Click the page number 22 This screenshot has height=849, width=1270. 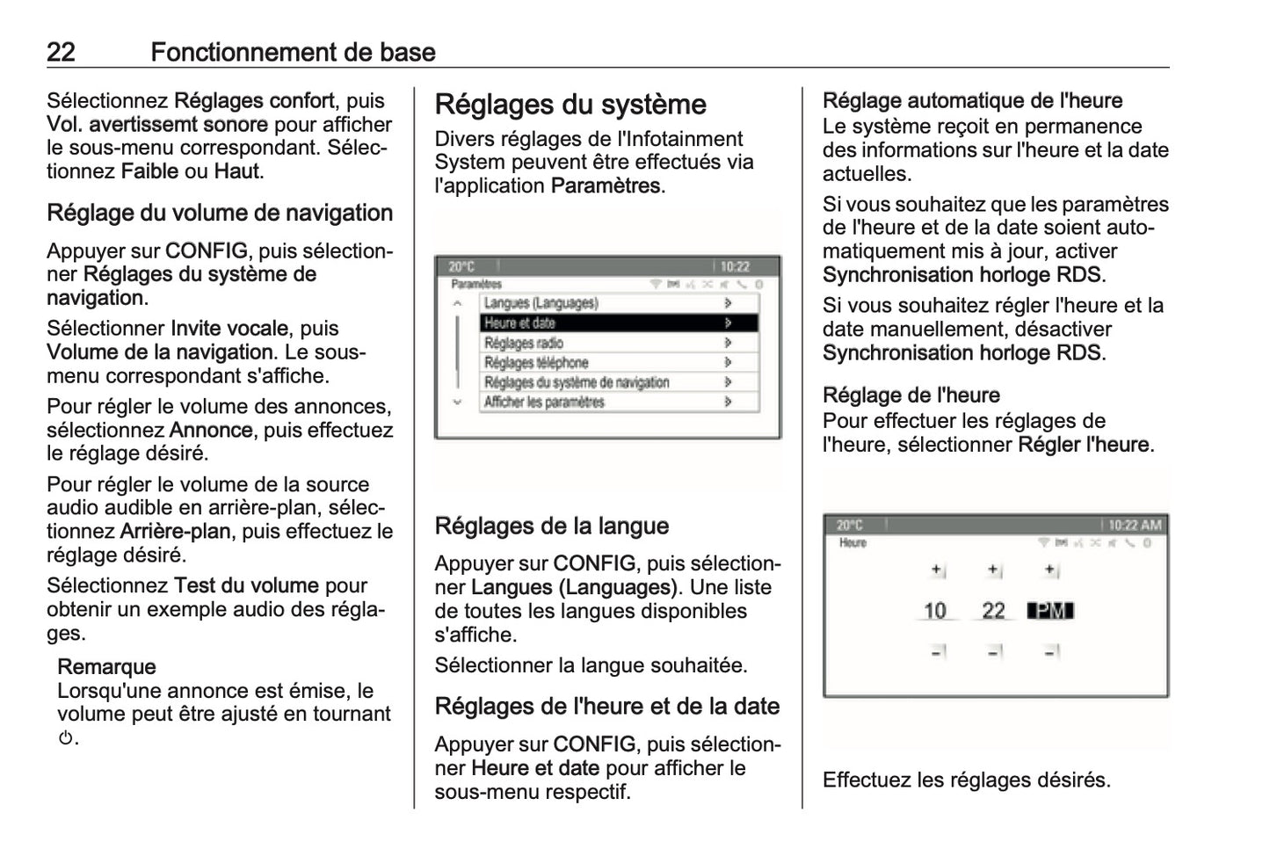click(x=61, y=52)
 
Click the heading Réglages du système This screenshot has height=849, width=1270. click(x=570, y=105)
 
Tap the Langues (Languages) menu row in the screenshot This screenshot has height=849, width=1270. click(x=606, y=303)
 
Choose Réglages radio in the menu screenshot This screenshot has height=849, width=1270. click(x=606, y=343)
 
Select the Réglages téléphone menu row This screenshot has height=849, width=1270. click(x=606, y=362)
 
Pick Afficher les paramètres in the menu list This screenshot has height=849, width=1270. click(x=606, y=402)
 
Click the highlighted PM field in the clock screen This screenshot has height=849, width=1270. click(x=1051, y=611)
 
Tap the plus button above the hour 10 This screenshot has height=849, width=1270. click(x=937, y=570)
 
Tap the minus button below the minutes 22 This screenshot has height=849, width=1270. click(x=994, y=651)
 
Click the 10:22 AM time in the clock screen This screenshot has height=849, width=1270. click(x=1135, y=526)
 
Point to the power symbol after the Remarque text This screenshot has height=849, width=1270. click(x=65, y=738)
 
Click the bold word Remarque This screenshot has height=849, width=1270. click(x=106, y=667)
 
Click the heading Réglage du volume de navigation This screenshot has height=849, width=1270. click(x=220, y=214)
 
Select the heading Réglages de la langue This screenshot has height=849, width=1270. click(x=552, y=526)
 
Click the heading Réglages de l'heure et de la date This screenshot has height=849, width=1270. click(x=607, y=707)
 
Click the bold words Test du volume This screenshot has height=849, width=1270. click(x=246, y=585)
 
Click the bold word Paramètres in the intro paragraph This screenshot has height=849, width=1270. click(x=606, y=186)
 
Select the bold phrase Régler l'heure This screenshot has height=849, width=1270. click(x=1084, y=445)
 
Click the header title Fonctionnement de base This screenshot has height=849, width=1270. click(x=293, y=52)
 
